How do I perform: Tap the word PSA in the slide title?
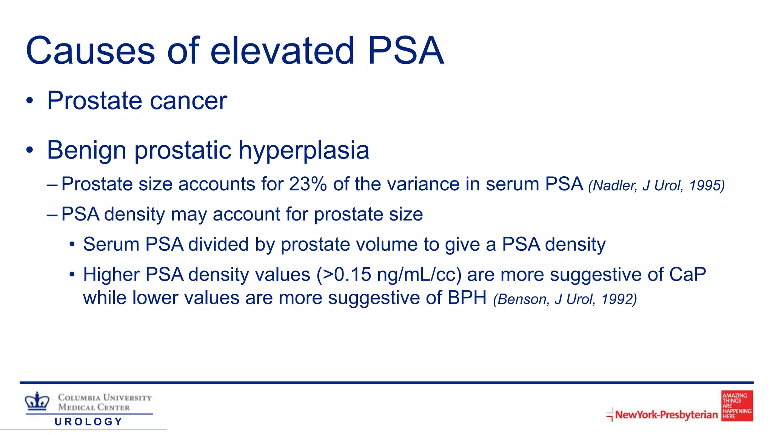pyautogui.click(x=406, y=51)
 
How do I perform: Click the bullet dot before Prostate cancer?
pyautogui.click(x=30, y=101)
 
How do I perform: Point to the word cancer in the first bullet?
pyautogui.click(x=189, y=101)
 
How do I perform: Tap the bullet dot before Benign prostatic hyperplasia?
pyautogui.click(x=30, y=150)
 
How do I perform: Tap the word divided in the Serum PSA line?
pyautogui.click(x=219, y=244)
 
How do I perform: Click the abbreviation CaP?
pyautogui.click(x=687, y=275)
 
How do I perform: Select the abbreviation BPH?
pyautogui.click(x=467, y=298)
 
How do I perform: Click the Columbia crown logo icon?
pyautogui.click(x=37, y=401)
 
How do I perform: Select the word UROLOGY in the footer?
pyautogui.click(x=89, y=422)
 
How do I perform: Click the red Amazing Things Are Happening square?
pyautogui.click(x=737, y=406)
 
